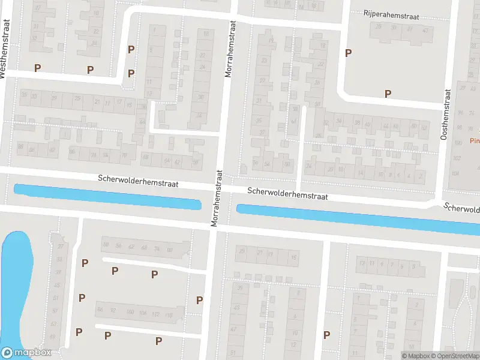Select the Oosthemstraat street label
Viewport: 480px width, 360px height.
click(x=445, y=115)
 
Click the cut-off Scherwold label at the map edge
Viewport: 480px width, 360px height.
click(x=462, y=208)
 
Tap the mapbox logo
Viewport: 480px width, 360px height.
click(x=26, y=353)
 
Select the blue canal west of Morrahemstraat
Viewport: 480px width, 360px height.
click(x=107, y=197)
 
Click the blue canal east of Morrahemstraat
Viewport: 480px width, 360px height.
click(x=354, y=217)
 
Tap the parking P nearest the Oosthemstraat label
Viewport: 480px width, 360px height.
click(x=388, y=94)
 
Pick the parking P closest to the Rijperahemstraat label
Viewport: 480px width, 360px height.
click(x=348, y=53)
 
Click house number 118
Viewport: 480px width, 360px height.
click(x=169, y=314)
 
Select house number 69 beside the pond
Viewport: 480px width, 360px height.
click(x=54, y=335)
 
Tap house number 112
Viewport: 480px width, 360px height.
click(x=155, y=314)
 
